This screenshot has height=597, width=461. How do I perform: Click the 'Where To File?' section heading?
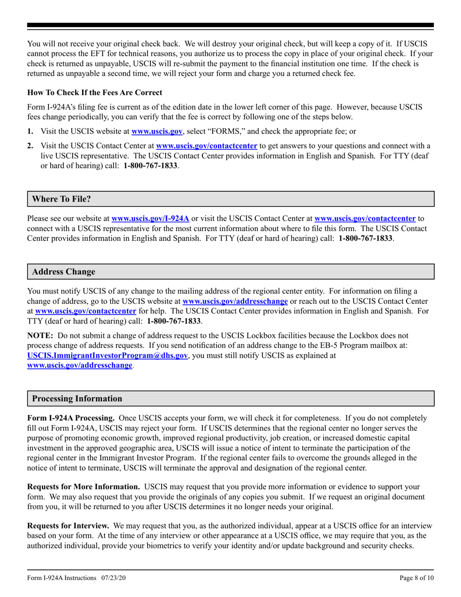pyautogui.click(x=62, y=199)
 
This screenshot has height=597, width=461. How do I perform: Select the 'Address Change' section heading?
pyautogui.click(x=64, y=272)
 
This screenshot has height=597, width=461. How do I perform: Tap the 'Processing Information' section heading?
pyautogui.click(x=77, y=398)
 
